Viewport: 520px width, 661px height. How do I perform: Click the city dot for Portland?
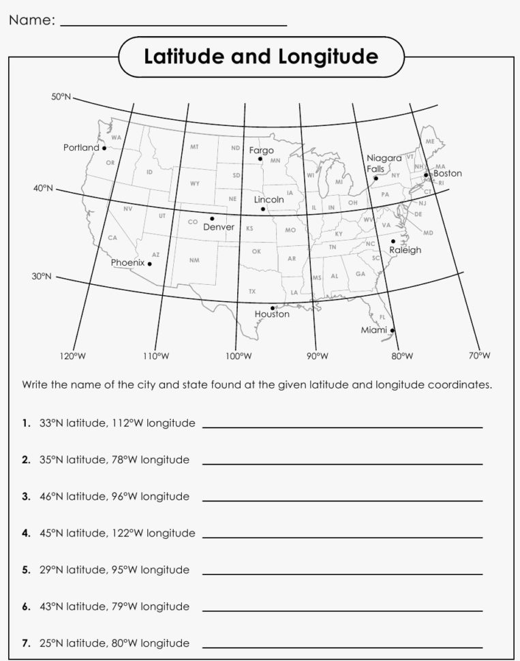[104, 148]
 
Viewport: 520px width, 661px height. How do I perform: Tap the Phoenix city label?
[128, 262]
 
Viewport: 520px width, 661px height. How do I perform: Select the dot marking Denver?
[212, 219]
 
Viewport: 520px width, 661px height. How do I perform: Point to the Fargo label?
[261, 150]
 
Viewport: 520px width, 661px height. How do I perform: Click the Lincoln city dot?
[263, 209]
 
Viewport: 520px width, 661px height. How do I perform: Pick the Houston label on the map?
[272, 314]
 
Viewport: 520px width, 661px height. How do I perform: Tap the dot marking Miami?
[393, 330]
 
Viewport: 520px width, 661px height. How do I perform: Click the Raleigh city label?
[405, 250]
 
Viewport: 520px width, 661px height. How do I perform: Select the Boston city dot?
[427, 175]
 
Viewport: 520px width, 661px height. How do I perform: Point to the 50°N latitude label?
[61, 97]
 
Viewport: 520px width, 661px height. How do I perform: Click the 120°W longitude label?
[73, 356]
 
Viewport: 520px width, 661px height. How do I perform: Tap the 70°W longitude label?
[479, 356]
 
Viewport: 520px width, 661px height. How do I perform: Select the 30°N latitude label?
[42, 277]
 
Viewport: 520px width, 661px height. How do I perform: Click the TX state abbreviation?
[252, 291]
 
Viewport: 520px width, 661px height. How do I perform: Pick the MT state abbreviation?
[194, 147]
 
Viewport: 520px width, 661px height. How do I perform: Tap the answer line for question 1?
[342, 427]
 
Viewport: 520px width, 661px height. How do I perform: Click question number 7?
[25, 643]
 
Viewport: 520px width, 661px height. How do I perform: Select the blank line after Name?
[174, 25]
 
